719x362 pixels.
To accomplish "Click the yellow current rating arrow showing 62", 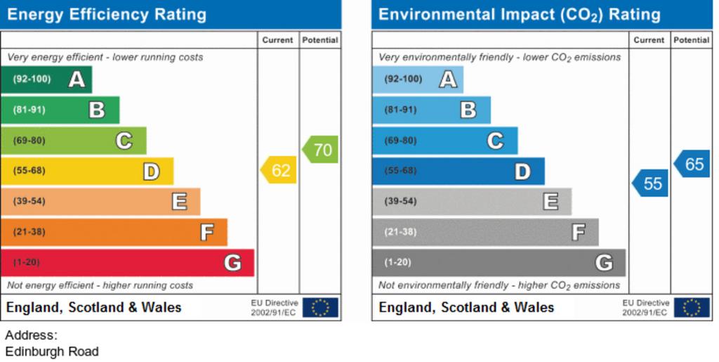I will pos(279,170).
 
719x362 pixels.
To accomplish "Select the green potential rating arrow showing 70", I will pos(321,149).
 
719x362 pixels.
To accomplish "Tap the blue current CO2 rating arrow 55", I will pos(651,183).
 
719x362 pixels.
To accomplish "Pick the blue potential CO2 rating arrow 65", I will pos(692,164).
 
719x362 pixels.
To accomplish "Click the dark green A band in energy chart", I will pos(46,79).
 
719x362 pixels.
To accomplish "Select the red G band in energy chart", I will pos(126,263).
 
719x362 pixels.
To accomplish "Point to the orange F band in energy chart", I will pos(113,232).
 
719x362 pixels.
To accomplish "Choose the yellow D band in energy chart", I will pos(86,171).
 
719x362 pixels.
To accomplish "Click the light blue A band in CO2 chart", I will pos(418,79).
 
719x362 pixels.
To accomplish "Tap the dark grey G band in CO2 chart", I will pos(498,263).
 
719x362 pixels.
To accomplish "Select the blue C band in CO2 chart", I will pos(444,141).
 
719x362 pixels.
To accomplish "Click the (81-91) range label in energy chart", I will pos(29,110).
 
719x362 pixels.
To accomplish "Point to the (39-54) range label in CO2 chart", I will pos(400,202).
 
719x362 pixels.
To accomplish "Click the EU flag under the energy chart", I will pos(320,307).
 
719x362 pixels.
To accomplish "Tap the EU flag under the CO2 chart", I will pos(692,307).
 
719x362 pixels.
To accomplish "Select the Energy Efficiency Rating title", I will pos(107,14).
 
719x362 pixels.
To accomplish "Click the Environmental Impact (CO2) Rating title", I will pos(520,14).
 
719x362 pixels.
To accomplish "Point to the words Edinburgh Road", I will pos(52,351).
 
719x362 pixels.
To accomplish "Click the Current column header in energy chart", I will pos(278,40).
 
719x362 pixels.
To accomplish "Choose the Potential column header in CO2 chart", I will pos(692,40).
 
